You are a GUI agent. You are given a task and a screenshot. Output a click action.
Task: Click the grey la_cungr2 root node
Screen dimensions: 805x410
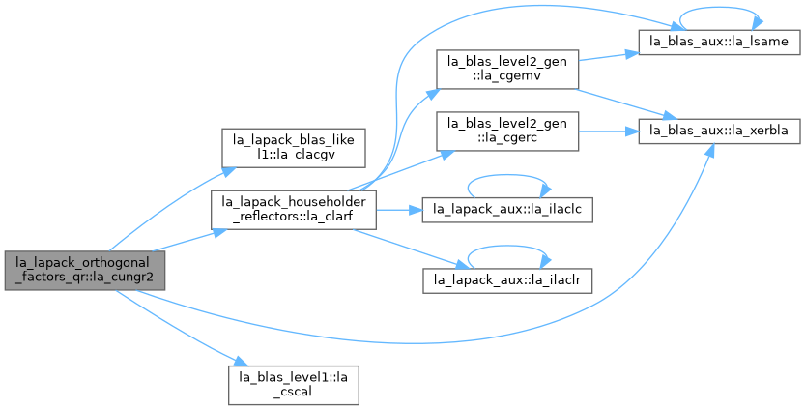click(85, 271)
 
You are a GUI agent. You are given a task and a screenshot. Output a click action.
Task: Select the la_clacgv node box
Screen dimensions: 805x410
click(293, 148)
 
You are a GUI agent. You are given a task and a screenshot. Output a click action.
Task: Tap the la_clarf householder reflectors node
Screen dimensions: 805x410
click(294, 210)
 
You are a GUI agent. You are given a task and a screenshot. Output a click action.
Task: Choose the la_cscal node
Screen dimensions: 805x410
click(293, 385)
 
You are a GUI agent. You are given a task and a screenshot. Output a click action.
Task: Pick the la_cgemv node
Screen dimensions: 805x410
click(507, 70)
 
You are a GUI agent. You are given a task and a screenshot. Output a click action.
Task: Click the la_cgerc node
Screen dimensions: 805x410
click(507, 132)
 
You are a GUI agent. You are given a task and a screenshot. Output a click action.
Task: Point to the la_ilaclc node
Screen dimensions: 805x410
click(507, 210)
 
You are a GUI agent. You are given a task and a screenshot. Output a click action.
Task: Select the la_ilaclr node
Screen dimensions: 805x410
click(507, 281)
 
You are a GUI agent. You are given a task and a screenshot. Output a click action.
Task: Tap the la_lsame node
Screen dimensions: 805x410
click(719, 42)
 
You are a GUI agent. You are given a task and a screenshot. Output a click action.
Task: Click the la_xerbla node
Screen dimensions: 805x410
click(719, 131)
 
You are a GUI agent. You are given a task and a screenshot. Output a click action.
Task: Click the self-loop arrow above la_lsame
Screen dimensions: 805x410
click(719, 8)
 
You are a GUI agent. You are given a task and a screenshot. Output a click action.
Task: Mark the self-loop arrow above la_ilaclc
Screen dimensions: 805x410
click(507, 175)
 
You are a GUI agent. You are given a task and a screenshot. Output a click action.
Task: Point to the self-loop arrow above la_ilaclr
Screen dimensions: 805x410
click(507, 247)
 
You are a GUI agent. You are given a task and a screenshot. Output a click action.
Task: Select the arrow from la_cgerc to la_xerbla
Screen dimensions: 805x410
click(609, 132)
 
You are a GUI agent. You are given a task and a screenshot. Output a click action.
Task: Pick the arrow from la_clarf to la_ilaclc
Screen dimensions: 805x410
click(399, 210)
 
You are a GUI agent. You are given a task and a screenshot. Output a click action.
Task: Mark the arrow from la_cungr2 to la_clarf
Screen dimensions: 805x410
click(190, 241)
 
